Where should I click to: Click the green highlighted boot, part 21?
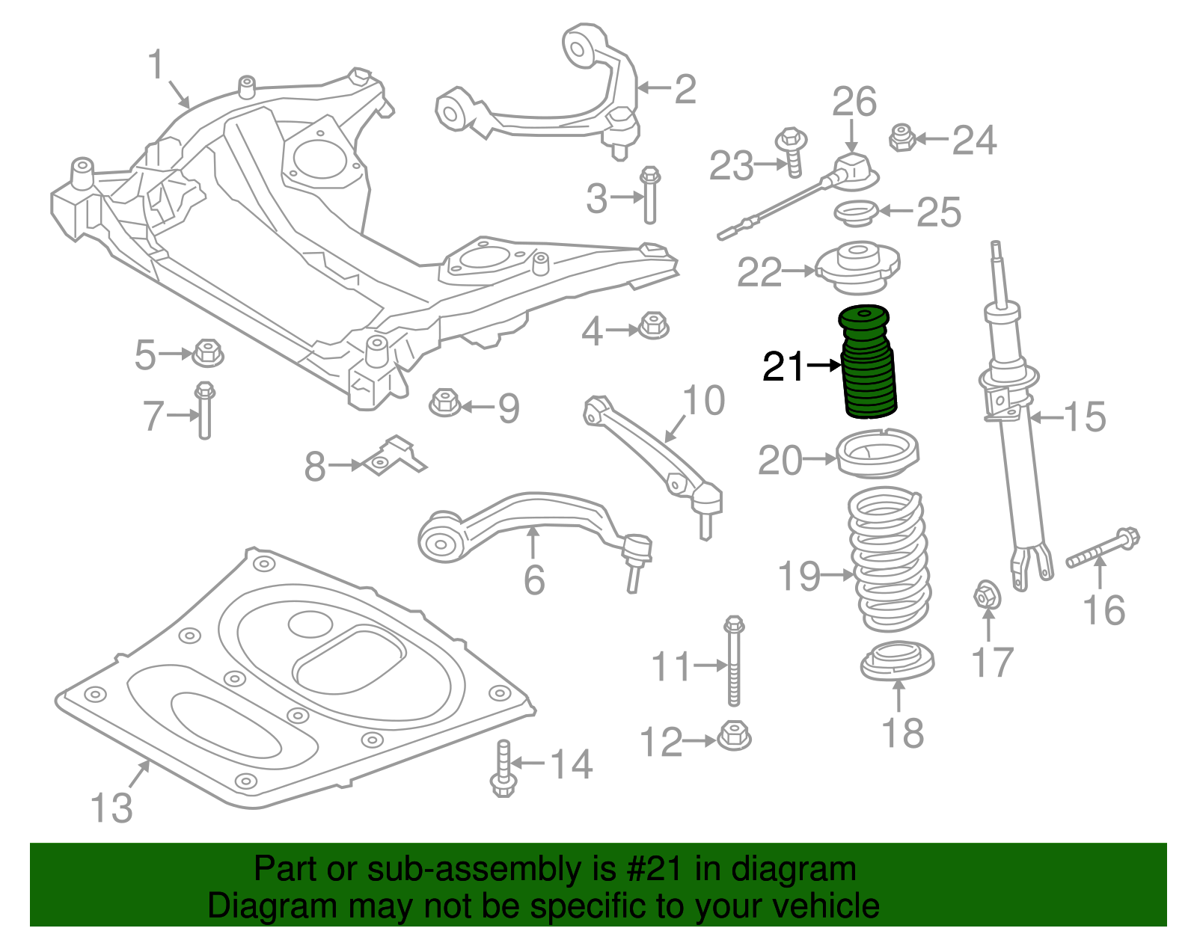click(x=868, y=362)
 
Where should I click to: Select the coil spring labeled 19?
click(x=889, y=559)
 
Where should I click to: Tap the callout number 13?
click(x=111, y=808)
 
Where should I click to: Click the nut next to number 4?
click(x=654, y=325)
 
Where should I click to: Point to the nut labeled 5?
click(x=207, y=353)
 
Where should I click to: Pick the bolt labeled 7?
click(x=205, y=410)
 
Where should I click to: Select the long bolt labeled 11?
click(x=734, y=661)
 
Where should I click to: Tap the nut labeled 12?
click(x=735, y=735)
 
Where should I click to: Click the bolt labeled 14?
click(x=503, y=768)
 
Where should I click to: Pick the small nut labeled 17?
click(x=988, y=595)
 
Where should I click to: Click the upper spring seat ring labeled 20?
click(x=878, y=453)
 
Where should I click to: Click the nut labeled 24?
click(x=903, y=138)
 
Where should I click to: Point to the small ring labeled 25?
click(x=857, y=214)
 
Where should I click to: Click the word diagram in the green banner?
click(x=794, y=869)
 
